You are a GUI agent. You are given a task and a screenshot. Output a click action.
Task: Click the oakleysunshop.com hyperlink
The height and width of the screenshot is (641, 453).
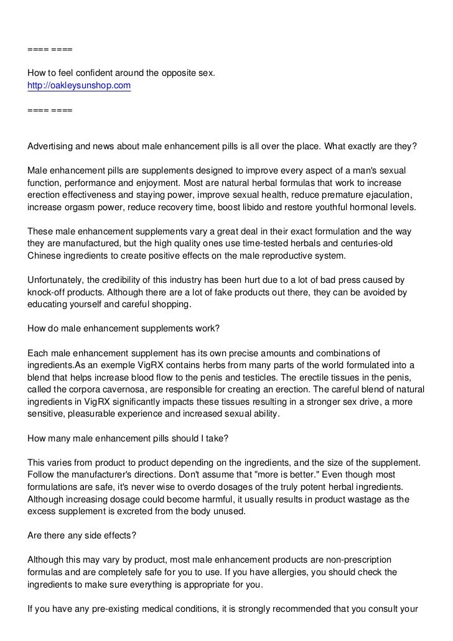point(80,86)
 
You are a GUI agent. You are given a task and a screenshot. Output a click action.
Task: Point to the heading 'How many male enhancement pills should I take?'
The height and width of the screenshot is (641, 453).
point(129,438)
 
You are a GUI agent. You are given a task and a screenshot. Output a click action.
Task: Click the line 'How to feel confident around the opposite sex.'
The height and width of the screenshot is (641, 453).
point(121,73)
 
